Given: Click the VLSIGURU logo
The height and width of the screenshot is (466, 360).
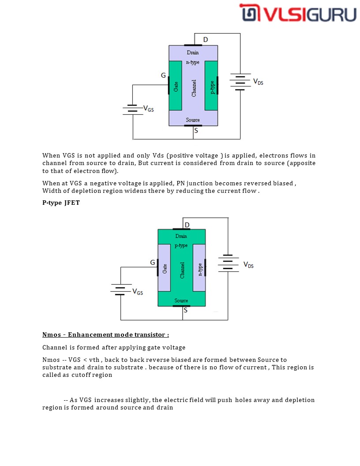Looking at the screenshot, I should tap(298, 13).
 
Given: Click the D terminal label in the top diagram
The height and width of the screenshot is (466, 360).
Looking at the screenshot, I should tap(206, 40).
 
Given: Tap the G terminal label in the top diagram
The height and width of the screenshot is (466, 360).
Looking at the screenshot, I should tap(163, 75).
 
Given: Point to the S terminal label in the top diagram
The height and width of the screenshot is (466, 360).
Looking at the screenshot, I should tap(196, 131).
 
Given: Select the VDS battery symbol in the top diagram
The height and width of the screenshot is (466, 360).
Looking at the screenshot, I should tap(240, 82).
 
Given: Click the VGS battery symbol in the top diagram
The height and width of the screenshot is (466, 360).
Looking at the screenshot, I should tap(133, 109).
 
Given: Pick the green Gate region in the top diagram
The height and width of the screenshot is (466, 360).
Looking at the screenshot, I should tap(176, 86).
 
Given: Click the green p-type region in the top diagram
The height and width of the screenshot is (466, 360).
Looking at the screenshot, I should tap(212, 86).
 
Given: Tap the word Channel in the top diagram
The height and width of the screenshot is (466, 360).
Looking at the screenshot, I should tap(194, 88).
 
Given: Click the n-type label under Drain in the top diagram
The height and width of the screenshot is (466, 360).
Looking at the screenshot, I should tap(193, 63).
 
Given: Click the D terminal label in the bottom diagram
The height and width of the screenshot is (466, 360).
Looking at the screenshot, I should tap(187, 225).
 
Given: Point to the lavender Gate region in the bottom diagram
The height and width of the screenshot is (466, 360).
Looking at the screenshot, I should tap(164, 267).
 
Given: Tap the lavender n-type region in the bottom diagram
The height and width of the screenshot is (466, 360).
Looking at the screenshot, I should tap(200, 267).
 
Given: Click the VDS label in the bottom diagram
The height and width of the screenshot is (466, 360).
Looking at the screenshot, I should tap(248, 265).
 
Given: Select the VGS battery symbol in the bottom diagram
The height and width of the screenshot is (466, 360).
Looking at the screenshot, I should tap(120, 289).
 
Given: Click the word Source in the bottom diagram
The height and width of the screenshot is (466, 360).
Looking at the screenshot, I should tap(181, 301).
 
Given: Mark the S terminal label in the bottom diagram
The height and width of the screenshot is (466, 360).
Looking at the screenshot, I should tap(185, 310).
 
